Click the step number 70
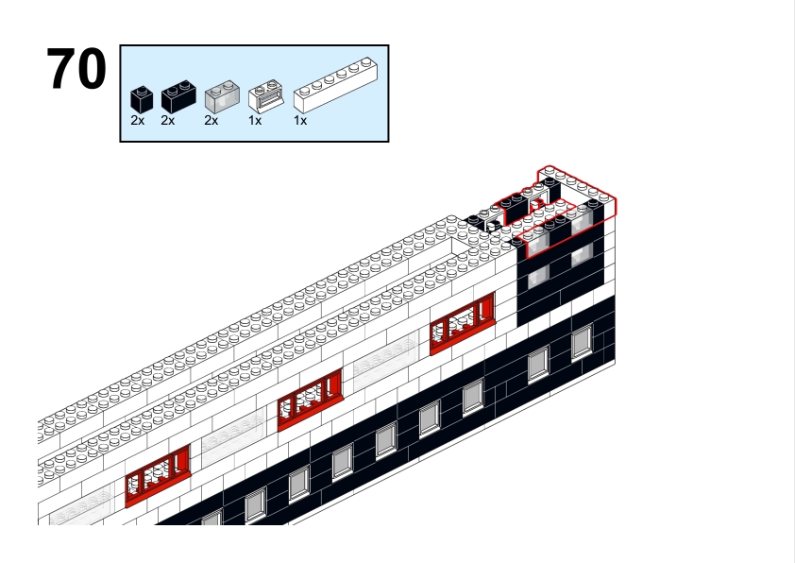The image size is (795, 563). [x=76, y=69]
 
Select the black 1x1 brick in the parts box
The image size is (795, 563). [x=142, y=99]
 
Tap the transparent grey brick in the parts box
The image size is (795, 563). [x=222, y=95]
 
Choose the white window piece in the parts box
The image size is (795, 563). [x=265, y=95]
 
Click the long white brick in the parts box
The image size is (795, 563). [x=335, y=85]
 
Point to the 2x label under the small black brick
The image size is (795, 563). [x=138, y=121]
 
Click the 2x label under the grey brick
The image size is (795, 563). [x=211, y=121]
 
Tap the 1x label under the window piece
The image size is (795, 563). [x=255, y=121]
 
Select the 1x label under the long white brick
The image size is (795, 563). [x=300, y=121]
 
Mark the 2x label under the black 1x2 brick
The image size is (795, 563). [x=167, y=121]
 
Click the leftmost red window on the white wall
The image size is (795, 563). [x=158, y=476]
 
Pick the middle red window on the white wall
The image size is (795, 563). [x=311, y=400]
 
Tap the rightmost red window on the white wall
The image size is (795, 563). [x=463, y=324]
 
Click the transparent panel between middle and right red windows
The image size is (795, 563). [x=385, y=361]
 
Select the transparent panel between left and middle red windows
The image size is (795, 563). [x=234, y=436]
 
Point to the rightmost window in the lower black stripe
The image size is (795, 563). [x=582, y=342]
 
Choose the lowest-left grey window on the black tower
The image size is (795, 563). [x=538, y=277]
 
